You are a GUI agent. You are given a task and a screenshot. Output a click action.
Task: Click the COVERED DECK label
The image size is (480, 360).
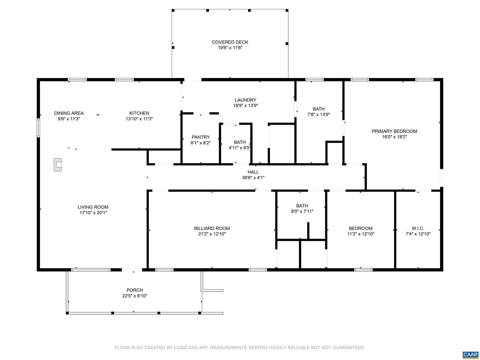tap(230, 42)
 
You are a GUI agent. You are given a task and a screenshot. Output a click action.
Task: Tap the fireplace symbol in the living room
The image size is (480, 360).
tap(58, 165)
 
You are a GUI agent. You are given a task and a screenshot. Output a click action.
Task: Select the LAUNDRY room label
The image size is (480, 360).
tap(245, 100)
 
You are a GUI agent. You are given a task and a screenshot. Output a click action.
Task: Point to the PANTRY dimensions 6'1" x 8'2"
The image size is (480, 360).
tap(201, 143)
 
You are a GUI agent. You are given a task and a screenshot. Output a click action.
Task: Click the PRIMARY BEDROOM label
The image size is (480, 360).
tap(394, 131)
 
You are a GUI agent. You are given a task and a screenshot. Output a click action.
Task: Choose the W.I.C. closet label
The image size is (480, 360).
tap(418, 228)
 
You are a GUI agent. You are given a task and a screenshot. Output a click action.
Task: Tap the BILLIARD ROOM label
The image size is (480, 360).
tap(212, 228)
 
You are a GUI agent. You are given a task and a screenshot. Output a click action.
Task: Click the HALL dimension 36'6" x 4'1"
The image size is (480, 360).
tap(253, 178)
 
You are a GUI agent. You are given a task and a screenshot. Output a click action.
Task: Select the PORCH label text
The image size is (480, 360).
tap(135, 290)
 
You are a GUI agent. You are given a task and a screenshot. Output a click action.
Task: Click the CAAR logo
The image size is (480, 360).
tap(470, 354)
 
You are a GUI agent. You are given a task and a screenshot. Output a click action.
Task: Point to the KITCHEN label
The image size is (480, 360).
tap(139, 113)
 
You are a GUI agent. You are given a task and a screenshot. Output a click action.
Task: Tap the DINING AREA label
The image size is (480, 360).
tap(69, 113)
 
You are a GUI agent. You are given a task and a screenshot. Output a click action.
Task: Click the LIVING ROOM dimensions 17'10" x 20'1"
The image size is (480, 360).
tap(93, 213)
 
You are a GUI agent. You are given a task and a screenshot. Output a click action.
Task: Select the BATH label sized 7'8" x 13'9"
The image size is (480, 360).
tap(319, 109)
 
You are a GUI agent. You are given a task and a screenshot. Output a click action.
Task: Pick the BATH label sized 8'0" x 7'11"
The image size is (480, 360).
tap(302, 206)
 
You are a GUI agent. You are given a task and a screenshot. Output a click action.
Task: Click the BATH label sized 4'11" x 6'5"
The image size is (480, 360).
tap(240, 142)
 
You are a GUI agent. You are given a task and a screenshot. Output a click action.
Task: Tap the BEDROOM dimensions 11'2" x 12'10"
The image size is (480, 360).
tap(361, 234)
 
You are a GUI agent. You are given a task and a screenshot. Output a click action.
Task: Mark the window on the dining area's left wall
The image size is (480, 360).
tap(38, 128)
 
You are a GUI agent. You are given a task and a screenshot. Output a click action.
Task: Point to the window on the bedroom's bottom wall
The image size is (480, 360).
tap(363, 269)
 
